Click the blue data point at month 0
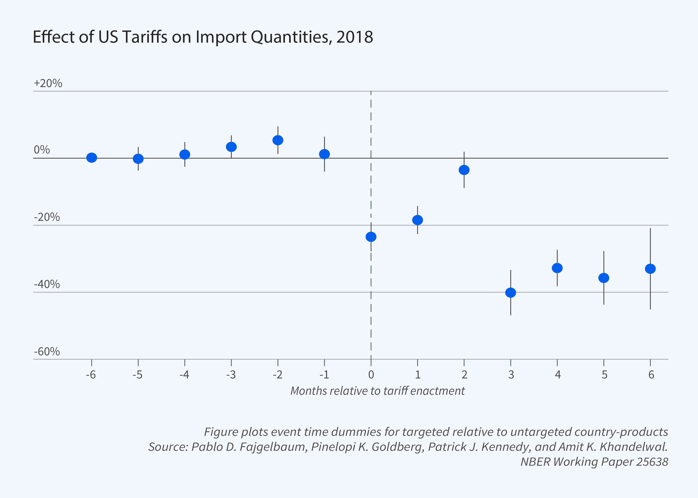click(x=371, y=237)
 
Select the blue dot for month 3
click(x=511, y=293)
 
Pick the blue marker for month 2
click(x=464, y=170)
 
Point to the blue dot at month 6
click(x=650, y=269)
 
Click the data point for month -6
click(x=92, y=158)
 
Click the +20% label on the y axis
click(x=48, y=83)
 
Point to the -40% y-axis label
click(x=47, y=284)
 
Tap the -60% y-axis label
click(x=47, y=351)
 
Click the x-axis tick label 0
click(x=371, y=375)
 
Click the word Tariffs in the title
click(x=145, y=37)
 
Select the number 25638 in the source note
click(x=652, y=462)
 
